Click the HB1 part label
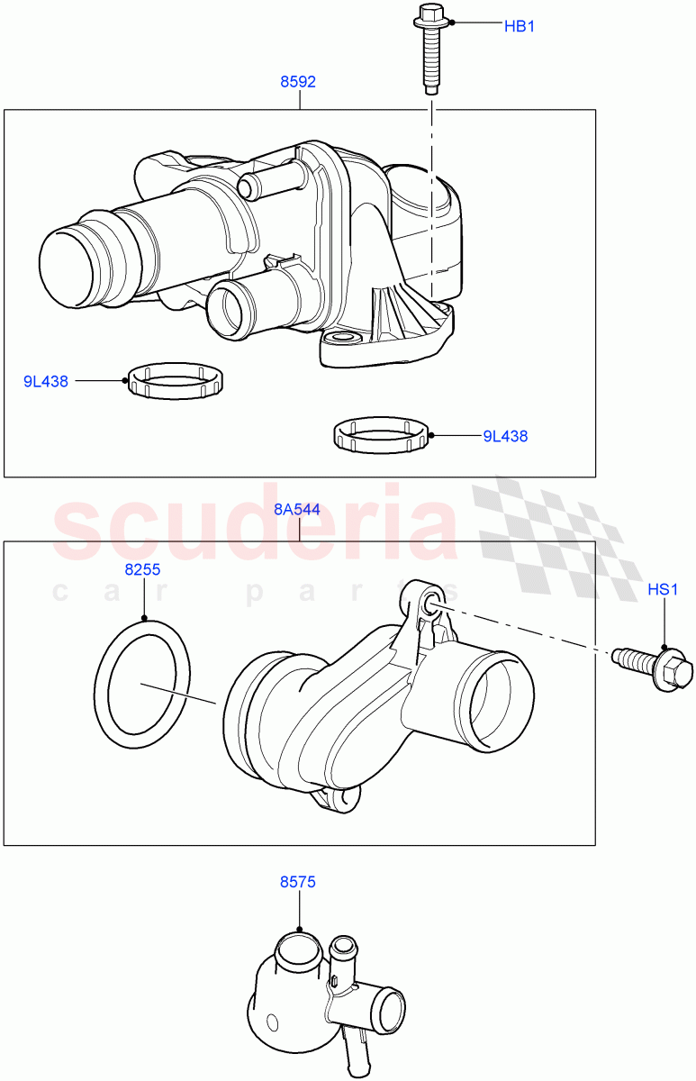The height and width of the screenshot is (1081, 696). point(519,26)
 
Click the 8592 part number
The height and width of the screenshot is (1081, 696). point(298,82)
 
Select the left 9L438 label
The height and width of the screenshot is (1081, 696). point(46,381)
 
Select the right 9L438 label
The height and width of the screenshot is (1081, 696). point(505,436)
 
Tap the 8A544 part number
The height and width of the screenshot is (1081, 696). point(296,508)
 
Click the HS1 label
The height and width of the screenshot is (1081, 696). point(662,590)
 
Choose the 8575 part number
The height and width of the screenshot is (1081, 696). point(297,883)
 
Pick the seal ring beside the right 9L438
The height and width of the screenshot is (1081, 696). point(379,436)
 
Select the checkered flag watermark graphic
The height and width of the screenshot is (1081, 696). point(558,531)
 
